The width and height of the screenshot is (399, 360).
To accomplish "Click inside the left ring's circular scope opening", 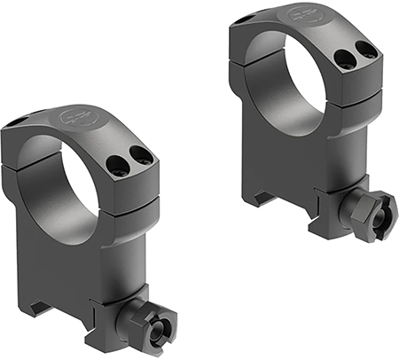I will tap(66, 191).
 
